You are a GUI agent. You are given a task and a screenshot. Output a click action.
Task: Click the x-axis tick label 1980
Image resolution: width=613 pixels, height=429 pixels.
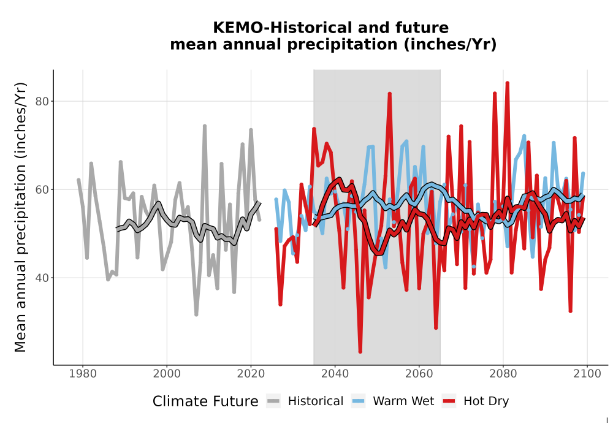coord(83,373)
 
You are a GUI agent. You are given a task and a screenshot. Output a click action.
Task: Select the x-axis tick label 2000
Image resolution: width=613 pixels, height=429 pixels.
coord(167,373)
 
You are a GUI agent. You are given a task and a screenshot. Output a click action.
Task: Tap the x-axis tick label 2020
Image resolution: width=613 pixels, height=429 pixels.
coord(251,373)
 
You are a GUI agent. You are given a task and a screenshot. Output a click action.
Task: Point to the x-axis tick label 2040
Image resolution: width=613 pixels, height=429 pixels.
coord(335,373)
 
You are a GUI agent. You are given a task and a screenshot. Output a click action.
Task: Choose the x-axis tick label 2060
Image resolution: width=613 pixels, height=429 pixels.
coord(419,373)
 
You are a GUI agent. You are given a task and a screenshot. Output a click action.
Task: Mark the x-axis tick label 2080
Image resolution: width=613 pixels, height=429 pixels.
coord(503,373)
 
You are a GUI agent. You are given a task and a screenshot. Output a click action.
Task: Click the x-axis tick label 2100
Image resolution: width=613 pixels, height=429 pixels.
coord(587,373)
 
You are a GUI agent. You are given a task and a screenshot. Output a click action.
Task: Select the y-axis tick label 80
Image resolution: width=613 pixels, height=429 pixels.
coord(42,101)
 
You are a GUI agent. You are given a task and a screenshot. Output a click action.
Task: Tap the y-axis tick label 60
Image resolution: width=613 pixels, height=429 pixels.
coord(42,189)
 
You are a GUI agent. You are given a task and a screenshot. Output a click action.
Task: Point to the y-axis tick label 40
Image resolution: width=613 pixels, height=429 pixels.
coord(42,278)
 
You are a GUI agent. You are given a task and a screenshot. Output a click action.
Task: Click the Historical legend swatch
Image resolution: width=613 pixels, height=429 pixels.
coord(273,401)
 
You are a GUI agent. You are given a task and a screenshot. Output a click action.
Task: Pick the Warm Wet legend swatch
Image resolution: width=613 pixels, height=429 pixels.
coord(358,401)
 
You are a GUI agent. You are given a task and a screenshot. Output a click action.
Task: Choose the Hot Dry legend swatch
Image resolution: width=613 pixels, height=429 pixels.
coord(449,401)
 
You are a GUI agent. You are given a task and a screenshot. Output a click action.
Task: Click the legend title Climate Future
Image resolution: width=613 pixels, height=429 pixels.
coord(205,401)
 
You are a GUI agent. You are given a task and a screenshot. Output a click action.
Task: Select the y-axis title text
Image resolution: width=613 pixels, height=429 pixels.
coord(20,217)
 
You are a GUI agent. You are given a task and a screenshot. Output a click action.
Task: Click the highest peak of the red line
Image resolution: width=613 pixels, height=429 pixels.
coord(507,83)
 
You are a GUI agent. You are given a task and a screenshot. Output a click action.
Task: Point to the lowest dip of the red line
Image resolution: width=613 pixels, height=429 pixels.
coord(360,352)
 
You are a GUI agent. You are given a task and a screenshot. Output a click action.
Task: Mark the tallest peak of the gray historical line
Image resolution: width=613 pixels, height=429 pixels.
coord(205,126)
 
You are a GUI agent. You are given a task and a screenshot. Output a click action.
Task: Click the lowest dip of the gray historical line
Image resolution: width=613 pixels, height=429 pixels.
coord(196,314)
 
